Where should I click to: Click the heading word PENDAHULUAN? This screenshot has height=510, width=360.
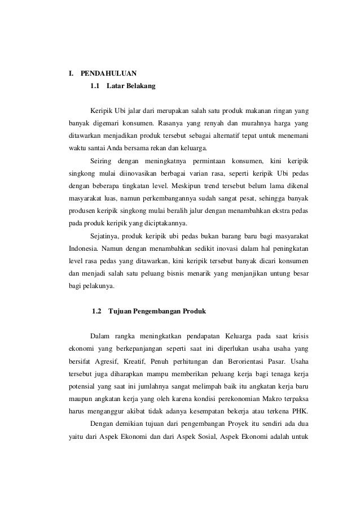104,73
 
